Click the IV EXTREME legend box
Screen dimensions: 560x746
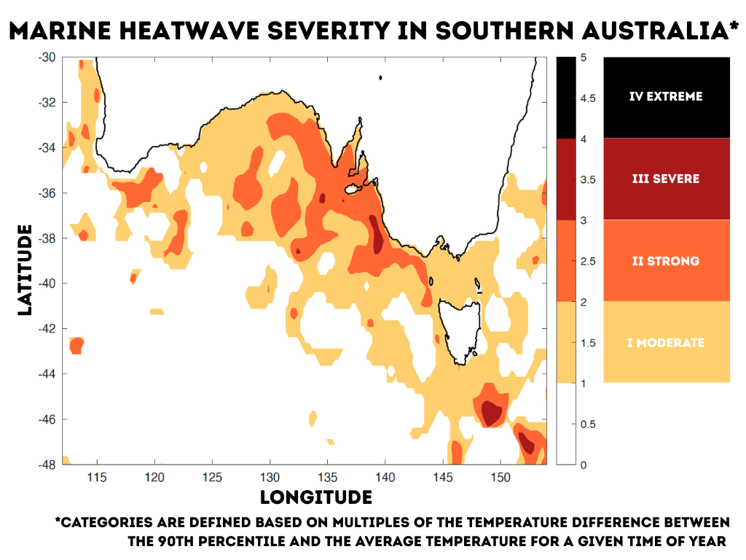pyautogui.click(x=667, y=97)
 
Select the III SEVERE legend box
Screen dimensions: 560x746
pyautogui.click(x=667, y=179)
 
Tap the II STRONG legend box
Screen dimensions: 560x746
pyautogui.click(x=667, y=260)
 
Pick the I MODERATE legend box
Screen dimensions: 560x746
pyautogui.click(x=667, y=342)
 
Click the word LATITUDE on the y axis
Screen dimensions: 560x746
pyautogui.click(x=25, y=270)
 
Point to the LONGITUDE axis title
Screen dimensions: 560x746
pyautogui.click(x=316, y=497)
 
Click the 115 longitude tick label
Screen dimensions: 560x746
pyautogui.click(x=97, y=478)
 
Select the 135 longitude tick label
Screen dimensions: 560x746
pyautogui.click(x=327, y=478)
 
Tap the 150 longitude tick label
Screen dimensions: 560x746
pyautogui.click(x=500, y=478)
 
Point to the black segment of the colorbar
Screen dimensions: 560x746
pyautogui.click(x=567, y=98)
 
